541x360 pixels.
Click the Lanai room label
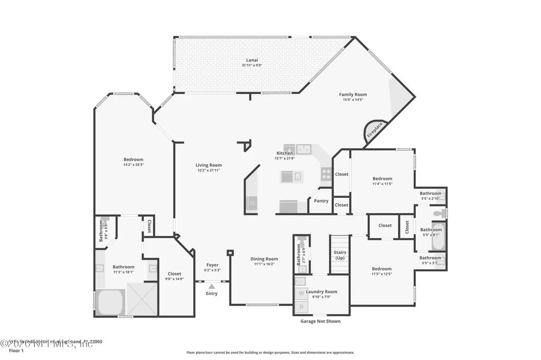coord(251,60)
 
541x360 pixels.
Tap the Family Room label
coord(353,94)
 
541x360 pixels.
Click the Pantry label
coord(321,201)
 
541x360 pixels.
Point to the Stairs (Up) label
coord(340,255)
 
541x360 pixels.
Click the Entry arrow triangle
coord(211,286)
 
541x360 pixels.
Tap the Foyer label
coord(212,265)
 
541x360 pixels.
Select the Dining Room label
coord(264,259)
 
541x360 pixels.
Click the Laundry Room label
coord(321,291)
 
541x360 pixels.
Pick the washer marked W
coord(301,292)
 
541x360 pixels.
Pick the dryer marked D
coord(301,306)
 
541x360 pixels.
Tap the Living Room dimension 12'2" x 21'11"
coord(209,170)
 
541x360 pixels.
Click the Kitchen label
coord(284,153)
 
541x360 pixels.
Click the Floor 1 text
coord(16,350)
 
